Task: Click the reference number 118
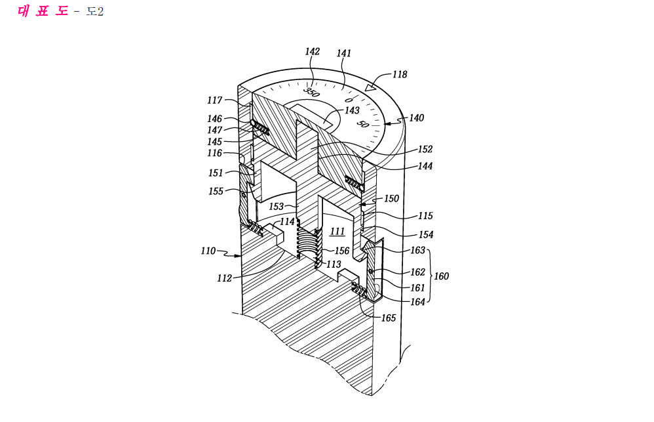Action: click(x=400, y=74)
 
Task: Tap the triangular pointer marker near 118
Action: click(x=370, y=86)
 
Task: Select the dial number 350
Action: click(x=312, y=93)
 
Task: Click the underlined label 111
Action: click(x=337, y=232)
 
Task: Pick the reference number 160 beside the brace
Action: click(x=441, y=276)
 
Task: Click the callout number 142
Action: click(x=313, y=51)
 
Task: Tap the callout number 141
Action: click(x=343, y=53)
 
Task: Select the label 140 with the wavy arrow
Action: click(x=416, y=118)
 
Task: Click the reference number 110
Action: click(x=208, y=251)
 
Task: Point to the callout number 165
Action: click(x=389, y=318)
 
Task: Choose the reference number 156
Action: click(x=342, y=251)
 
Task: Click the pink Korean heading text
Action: click(x=43, y=11)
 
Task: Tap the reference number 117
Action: click(x=215, y=100)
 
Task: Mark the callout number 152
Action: click(x=425, y=149)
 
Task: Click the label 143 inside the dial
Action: click(x=352, y=110)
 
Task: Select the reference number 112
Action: click(x=224, y=278)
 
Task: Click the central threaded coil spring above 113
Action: click(x=309, y=243)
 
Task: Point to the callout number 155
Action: click(x=216, y=192)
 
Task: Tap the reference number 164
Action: click(x=417, y=302)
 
